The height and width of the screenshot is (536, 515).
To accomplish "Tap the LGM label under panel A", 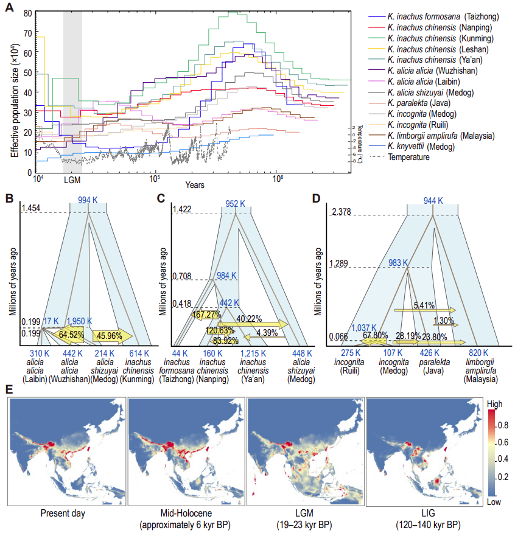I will click(x=72, y=181).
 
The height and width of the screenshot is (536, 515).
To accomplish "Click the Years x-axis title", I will click(x=195, y=183).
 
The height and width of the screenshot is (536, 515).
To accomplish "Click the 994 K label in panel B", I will click(x=88, y=201).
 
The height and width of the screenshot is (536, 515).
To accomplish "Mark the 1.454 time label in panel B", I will click(x=31, y=209).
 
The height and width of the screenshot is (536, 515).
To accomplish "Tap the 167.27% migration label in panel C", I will click(x=205, y=315).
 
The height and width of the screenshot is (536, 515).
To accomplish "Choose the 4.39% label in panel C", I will click(x=267, y=333).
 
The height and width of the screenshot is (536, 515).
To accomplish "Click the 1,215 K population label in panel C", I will click(x=255, y=353).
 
